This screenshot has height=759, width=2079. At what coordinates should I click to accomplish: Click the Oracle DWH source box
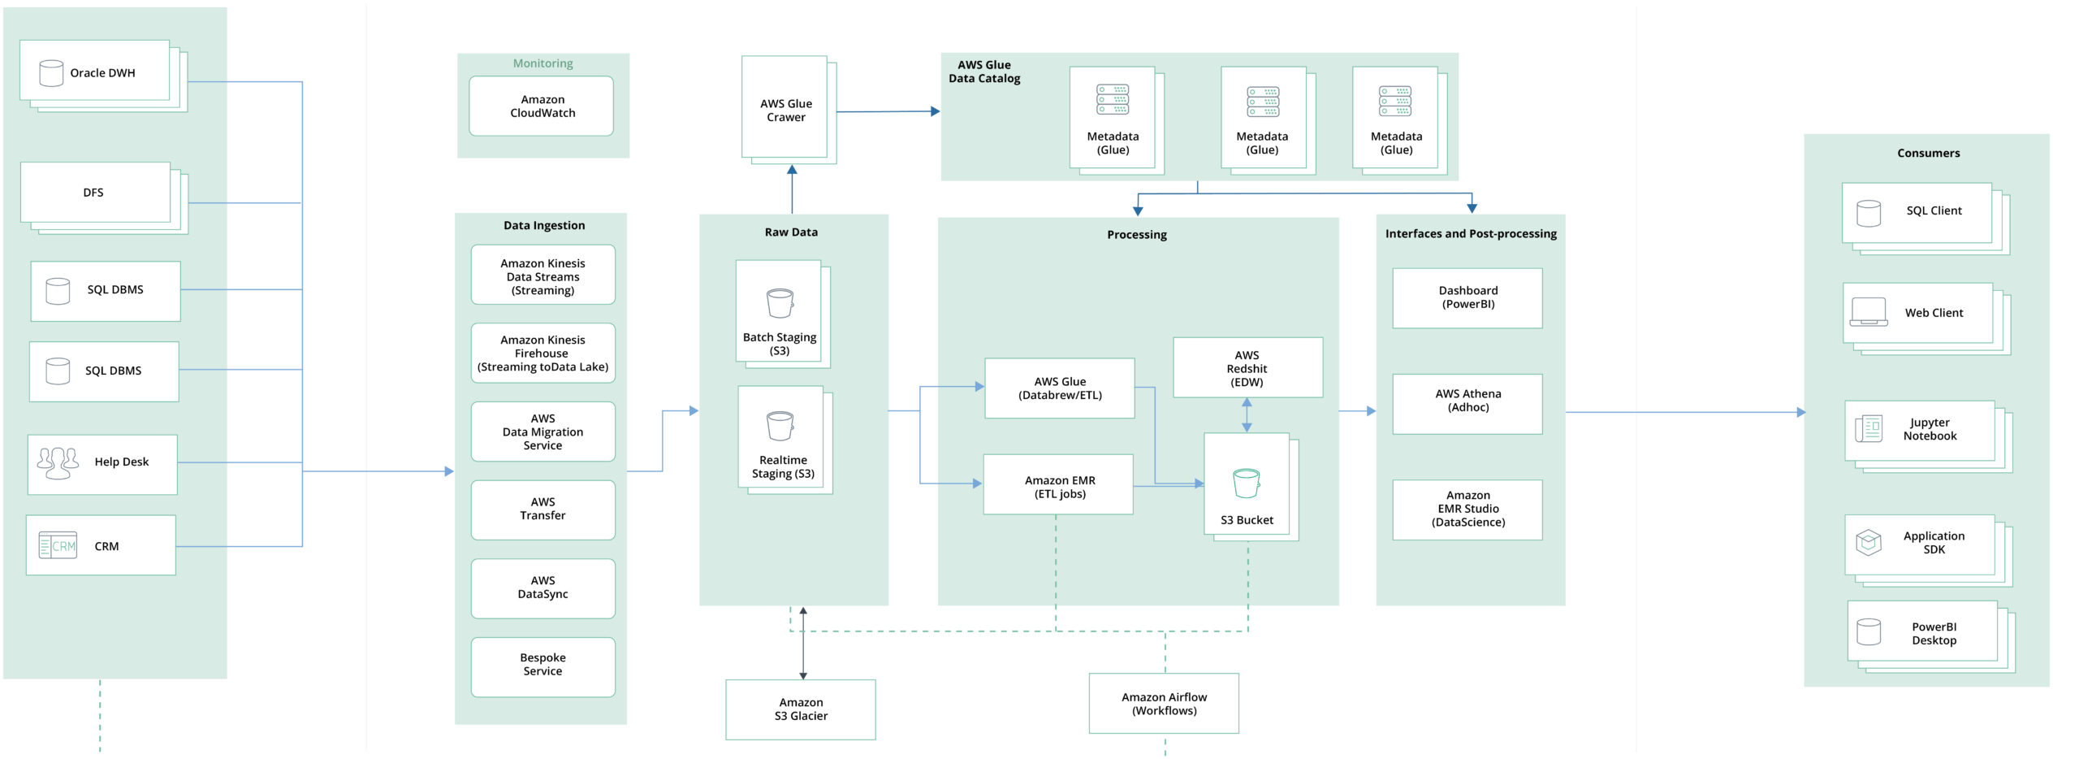[95, 72]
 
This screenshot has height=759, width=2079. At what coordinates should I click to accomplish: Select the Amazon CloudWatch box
[542, 106]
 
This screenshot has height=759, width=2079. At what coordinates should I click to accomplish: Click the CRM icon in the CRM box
[58, 546]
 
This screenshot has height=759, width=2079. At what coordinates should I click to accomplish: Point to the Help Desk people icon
[58, 462]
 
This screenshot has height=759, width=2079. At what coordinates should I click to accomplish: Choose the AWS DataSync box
[542, 588]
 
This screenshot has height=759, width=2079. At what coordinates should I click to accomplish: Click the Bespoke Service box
[542, 665]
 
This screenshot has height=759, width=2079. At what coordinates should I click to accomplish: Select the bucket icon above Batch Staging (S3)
[780, 304]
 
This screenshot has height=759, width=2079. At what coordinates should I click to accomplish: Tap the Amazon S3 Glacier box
[801, 709]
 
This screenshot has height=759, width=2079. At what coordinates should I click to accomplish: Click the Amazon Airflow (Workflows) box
[1164, 704]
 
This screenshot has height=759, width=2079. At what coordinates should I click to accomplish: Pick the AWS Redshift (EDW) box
[1247, 368]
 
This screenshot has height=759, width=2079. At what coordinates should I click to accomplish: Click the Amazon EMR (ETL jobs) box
[1058, 486]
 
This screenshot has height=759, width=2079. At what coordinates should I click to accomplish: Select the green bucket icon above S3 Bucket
[1246, 484]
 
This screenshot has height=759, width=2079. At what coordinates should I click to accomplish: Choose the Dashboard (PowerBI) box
[1467, 297]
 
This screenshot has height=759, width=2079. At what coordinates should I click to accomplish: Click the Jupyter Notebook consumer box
[1920, 430]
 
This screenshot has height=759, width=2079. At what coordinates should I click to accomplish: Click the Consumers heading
[1928, 153]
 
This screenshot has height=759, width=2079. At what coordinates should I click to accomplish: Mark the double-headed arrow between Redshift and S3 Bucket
[1247, 414]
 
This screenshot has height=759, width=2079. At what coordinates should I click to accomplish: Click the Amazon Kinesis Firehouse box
[542, 353]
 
